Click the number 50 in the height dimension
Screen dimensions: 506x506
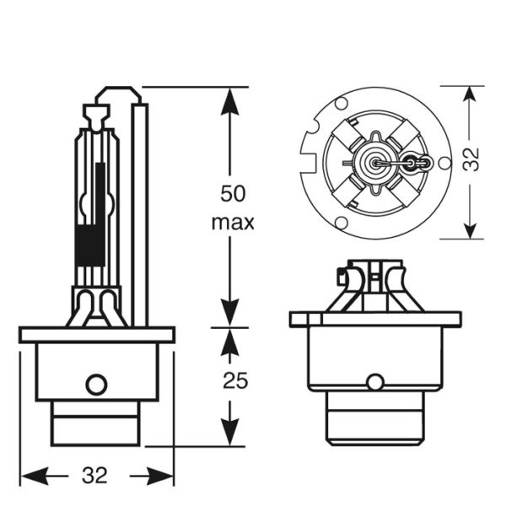233,194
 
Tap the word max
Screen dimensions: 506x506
233,223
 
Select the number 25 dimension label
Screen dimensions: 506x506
235,380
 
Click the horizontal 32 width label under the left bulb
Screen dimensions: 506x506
94,476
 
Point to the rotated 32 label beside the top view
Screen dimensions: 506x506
471,159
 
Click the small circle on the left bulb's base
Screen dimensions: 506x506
96,385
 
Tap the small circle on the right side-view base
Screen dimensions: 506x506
375,382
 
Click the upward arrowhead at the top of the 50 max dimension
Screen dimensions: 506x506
229,101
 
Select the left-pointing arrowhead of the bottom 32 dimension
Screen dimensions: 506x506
35,476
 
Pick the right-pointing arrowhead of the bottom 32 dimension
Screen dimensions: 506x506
160,476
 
